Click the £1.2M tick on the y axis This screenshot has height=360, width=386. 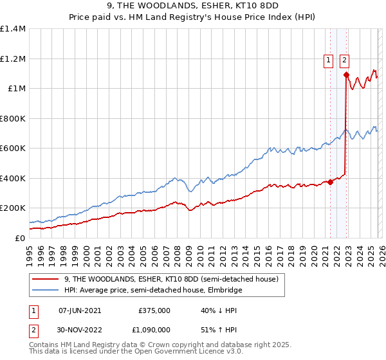pyautogui.click(x=13, y=59)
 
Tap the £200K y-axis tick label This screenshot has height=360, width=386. pyautogui.click(x=13, y=208)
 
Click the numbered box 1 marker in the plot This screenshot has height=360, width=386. pyautogui.click(x=329, y=60)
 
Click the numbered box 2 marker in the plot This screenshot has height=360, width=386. pyautogui.click(x=345, y=60)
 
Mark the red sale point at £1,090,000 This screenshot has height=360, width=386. pyautogui.click(x=346, y=75)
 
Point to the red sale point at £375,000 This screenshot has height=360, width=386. pyautogui.click(x=330, y=182)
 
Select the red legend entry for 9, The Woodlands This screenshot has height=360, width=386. pyautogui.click(x=171, y=280)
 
